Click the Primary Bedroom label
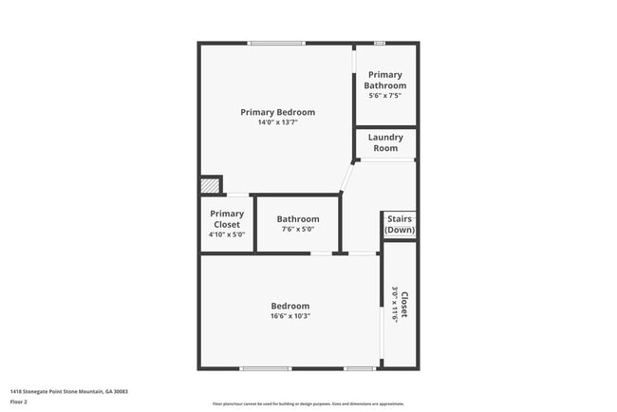pos(277,112)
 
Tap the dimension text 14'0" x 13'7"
pos(277,122)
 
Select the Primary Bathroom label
pos(385,80)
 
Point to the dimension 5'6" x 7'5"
pos(385,96)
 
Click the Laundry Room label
pos(385,142)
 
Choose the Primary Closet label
pos(227,219)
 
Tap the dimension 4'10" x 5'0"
pos(227,234)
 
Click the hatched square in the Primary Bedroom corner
pos(209,185)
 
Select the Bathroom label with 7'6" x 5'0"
pos(297,219)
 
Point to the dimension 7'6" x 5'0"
pos(297,229)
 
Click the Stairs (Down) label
pos(400,224)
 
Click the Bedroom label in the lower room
pos(290,306)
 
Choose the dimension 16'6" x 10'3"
pos(290,316)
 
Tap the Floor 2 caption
pos(19,402)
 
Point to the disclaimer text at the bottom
pos(308,403)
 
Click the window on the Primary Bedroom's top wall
pos(276,43)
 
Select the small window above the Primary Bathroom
pos(379,43)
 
